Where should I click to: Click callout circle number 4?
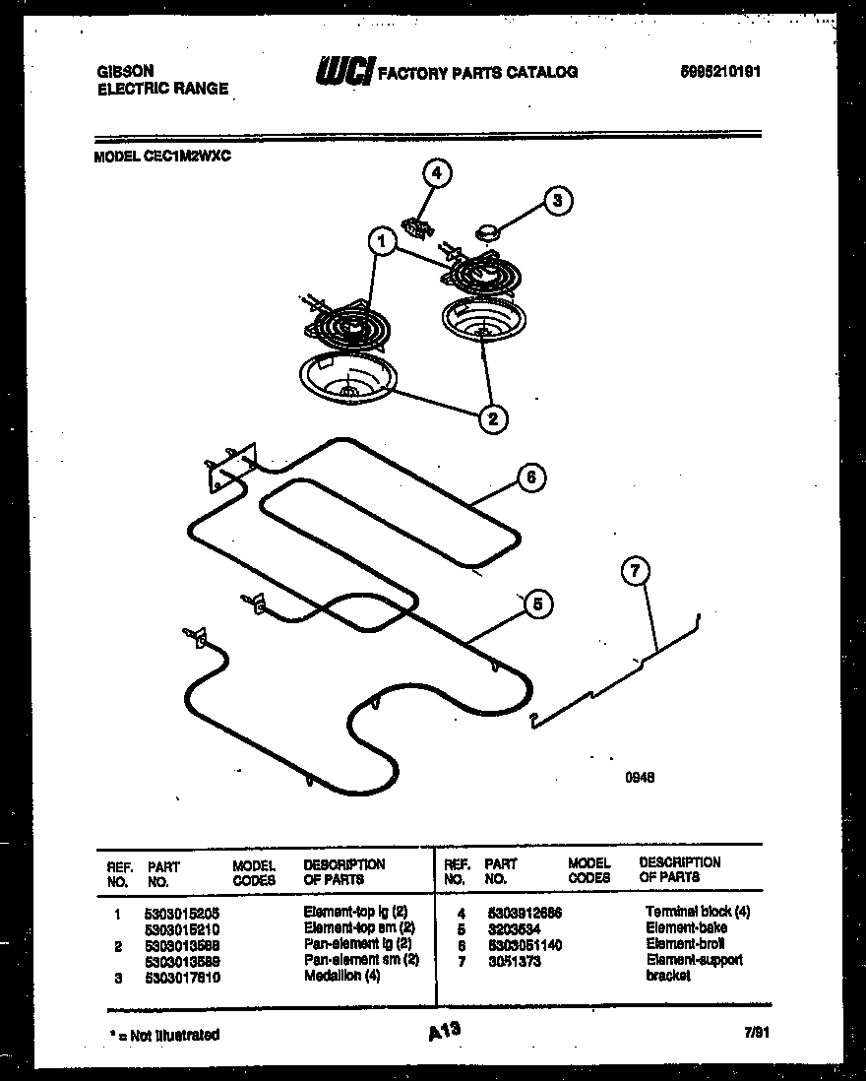[437, 174]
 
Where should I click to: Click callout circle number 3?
[558, 201]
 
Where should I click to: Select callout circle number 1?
[383, 240]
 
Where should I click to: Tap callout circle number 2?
[493, 418]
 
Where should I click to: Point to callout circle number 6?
[530, 477]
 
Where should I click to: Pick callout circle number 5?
[536, 604]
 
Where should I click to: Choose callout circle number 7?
[637, 570]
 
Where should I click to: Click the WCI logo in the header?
[343, 72]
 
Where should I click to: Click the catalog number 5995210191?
[720, 72]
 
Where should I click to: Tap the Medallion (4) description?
[341, 976]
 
